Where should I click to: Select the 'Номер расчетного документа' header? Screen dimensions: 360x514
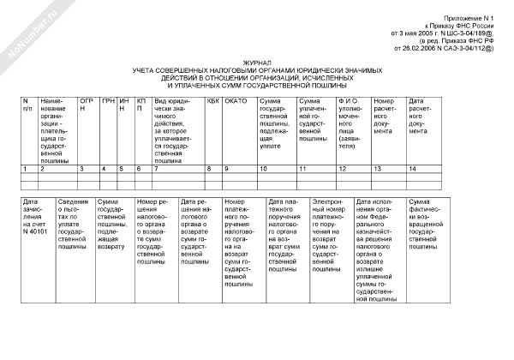pyautogui.click(x=388, y=116)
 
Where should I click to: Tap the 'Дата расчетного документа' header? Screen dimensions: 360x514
pyautogui.click(x=425, y=116)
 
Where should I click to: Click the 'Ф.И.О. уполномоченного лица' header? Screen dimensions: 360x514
pyautogui.click(x=353, y=119)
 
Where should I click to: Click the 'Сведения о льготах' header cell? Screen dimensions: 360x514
pyautogui.click(x=76, y=219)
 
